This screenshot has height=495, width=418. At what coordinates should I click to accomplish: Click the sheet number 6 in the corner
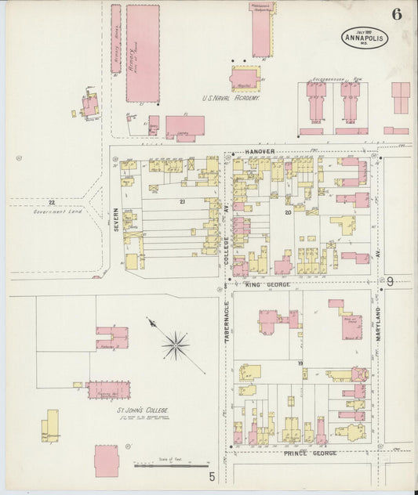398,14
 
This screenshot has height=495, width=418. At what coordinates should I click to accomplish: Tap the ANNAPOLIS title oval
364,37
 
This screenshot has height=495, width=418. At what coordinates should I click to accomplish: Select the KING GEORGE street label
267,284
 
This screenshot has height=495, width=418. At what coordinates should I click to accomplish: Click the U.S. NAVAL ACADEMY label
231,99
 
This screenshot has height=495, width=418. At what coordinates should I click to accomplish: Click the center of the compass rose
177,342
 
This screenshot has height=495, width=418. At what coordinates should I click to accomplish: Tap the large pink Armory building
142,53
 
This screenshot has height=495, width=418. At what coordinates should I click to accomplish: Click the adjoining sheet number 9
389,281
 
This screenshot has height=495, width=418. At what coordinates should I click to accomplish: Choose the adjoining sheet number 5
211,475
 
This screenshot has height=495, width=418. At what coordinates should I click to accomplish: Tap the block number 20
288,211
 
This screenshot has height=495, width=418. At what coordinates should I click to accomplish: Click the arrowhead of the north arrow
149,319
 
